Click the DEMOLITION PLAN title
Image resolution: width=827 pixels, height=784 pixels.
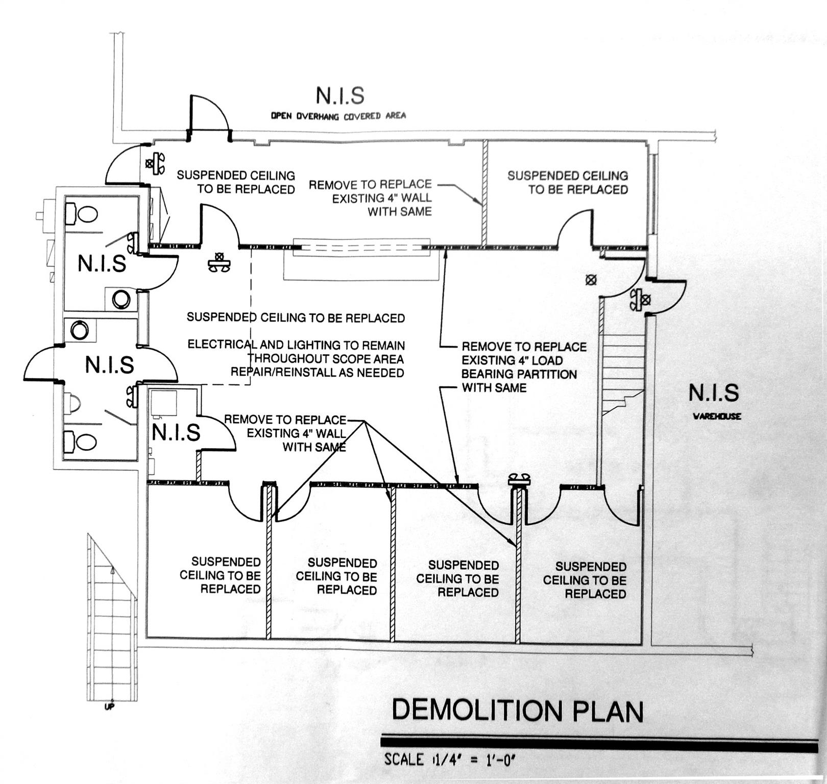point(517,710)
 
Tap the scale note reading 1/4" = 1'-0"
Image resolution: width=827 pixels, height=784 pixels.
point(451,759)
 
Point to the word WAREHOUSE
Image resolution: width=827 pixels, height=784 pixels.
point(717,416)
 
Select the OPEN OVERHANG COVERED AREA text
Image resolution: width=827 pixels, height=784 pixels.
point(338,116)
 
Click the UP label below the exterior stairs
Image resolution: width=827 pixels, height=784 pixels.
point(109,707)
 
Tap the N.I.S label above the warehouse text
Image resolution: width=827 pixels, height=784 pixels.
point(713,393)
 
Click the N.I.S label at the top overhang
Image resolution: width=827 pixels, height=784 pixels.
point(340,95)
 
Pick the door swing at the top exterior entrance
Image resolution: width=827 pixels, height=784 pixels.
point(209,115)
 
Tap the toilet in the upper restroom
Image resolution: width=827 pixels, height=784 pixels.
point(82,214)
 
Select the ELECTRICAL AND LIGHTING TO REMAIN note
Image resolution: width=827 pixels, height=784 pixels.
point(296,358)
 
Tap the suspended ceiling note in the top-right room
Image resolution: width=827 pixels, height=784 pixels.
point(568,183)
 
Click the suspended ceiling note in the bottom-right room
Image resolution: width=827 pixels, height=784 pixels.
point(585,580)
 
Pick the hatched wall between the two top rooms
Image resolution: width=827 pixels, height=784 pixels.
point(484,193)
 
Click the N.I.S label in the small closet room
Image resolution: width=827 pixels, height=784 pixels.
point(176,433)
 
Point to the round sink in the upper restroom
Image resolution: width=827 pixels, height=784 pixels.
point(121,299)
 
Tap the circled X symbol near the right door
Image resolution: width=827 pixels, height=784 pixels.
point(591,280)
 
